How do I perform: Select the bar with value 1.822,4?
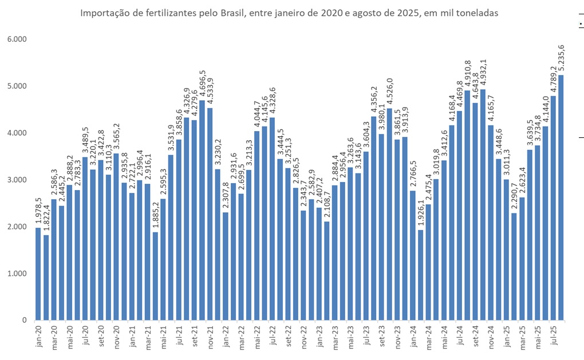point(46,277)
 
